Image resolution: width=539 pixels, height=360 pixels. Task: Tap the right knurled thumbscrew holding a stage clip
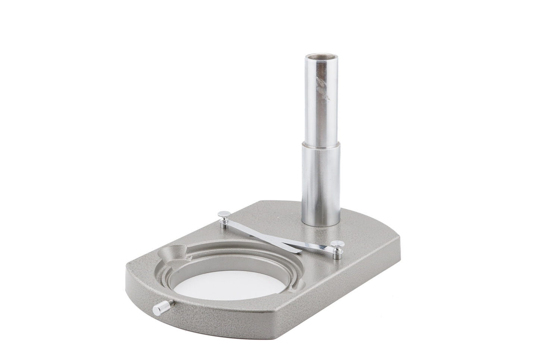[337, 245]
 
